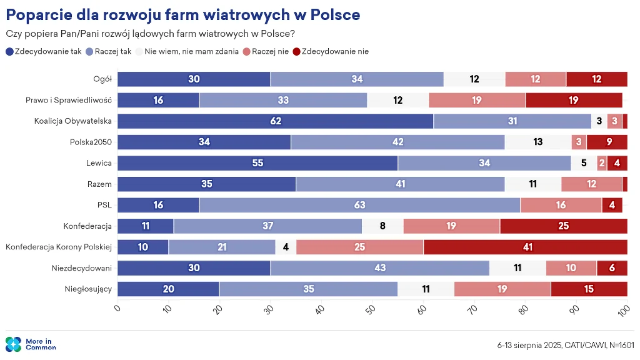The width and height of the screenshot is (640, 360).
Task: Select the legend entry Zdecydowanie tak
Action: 44,51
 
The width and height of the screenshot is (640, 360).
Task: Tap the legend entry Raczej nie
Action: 266,51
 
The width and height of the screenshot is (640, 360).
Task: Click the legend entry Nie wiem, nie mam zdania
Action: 187,51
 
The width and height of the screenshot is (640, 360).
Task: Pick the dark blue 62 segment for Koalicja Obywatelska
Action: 276,121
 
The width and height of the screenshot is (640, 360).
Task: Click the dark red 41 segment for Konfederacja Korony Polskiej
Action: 526,247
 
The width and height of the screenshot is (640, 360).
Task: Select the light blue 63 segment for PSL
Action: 359,205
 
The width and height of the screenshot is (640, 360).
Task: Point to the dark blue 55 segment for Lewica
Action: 257,163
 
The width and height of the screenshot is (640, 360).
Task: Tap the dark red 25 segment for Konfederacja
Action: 563,226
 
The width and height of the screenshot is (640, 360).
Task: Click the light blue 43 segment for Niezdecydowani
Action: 380,268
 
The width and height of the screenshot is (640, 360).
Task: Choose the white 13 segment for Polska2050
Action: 538,142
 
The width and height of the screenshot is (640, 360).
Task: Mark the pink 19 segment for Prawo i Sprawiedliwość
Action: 477,100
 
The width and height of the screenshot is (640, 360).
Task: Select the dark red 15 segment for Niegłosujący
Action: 589,289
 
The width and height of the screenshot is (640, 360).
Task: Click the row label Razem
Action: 99,184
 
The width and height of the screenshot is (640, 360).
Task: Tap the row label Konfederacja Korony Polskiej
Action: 58,247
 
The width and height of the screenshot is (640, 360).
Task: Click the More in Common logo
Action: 31,344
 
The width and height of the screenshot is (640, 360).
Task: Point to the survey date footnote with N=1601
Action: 566,344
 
